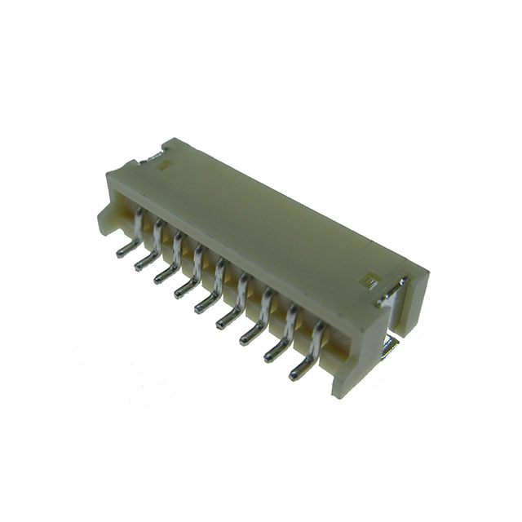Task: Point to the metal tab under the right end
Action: tap(389, 347)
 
